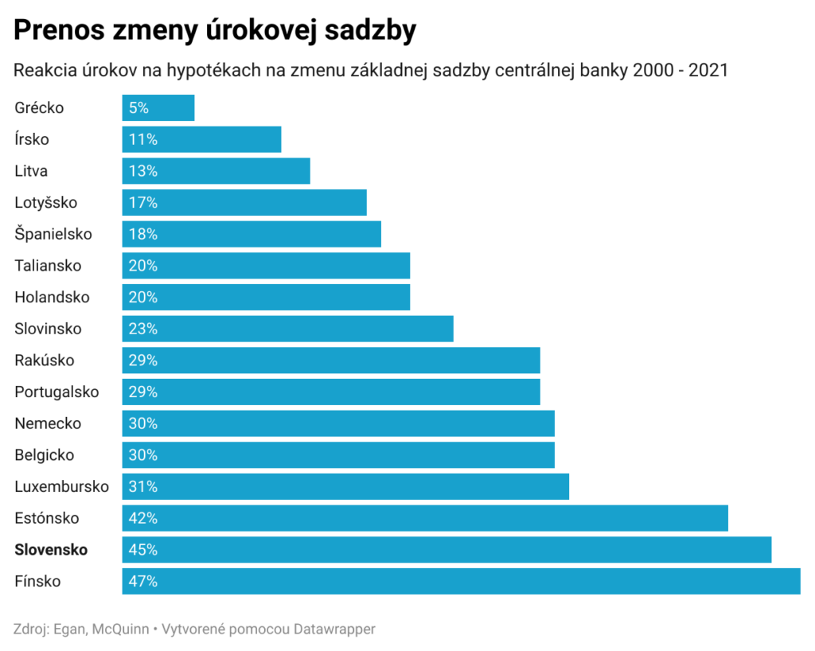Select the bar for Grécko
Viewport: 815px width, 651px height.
pyautogui.click(x=158, y=107)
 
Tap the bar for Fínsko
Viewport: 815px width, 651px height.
pyautogui.click(x=461, y=581)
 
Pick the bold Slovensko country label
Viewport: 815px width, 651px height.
pyautogui.click(x=51, y=549)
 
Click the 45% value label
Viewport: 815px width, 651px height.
pyautogui.click(x=142, y=549)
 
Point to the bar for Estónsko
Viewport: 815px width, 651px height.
pyautogui.click(x=425, y=518)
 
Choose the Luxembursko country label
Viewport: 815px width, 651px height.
pyautogui.click(x=61, y=486)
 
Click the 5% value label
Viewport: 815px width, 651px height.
pyautogui.click(x=138, y=107)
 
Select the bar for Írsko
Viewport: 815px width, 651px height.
pyautogui.click(x=201, y=139)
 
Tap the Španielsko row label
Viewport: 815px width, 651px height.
pyautogui.click(x=53, y=234)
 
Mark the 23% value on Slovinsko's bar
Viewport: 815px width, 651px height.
pyautogui.click(x=142, y=329)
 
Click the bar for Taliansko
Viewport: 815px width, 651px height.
pyautogui.click(x=266, y=266)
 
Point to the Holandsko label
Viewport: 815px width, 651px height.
pyautogui.click(x=52, y=297)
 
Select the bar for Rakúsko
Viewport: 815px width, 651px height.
pyautogui.click(x=331, y=360)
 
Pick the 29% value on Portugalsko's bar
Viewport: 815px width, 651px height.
pyautogui.click(x=142, y=392)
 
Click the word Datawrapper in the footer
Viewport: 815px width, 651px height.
pyautogui.click(x=334, y=629)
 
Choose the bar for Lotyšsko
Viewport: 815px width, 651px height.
pyautogui.click(x=244, y=202)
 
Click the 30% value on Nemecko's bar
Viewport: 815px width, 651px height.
pyautogui.click(x=142, y=423)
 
